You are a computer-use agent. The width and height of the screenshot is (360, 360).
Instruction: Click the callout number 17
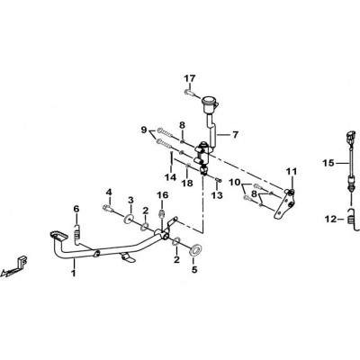pyautogui.click(x=190, y=78)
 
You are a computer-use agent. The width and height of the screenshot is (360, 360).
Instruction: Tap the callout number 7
pyautogui.click(x=235, y=135)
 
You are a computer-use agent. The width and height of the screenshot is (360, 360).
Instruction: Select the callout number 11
pyautogui.click(x=292, y=172)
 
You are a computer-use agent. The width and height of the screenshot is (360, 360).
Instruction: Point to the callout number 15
pyautogui.click(x=328, y=163)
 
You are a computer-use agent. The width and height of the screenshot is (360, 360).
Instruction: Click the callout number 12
pyautogui.click(x=330, y=220)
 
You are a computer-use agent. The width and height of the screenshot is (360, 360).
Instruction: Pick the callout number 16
pyautogui.click(x=163, y=195)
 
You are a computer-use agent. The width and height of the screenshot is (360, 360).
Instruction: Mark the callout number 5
pyautogui.click(x=194, y=270)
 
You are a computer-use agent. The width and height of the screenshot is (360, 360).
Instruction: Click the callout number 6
pyautogui.click(x=76, y=209)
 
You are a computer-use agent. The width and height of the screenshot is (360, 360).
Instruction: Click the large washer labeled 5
pyautogui.click(x=195, y=250)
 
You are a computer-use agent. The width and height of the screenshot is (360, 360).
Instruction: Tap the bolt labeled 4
pyautogui.click(x=107, y=208)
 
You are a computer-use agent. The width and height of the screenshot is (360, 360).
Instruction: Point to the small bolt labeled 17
pyautogui.click(x=188, y=92)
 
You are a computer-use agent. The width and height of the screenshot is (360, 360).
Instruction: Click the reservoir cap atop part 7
pyautogui.click(x=211, y=102)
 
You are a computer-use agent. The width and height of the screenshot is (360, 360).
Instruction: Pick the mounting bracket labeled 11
pyautogui.click(x=285, y=204)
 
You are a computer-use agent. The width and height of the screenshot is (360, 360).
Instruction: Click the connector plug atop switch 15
pyautogui.click(x=351, y=137)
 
